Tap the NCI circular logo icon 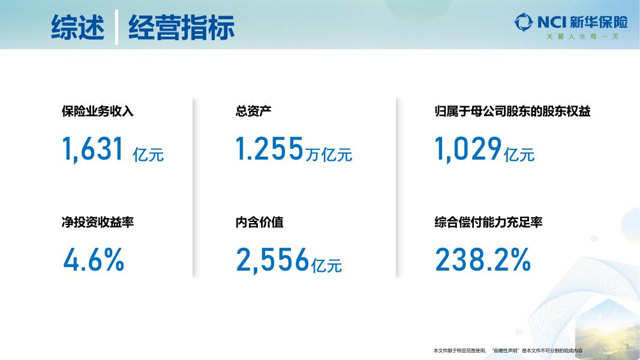[x=524, y=23]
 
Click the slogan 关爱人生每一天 [x=582, y=37]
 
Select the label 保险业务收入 [x=98, y=112]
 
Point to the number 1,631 [x=93, y=149]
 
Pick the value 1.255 [x=269, y=149]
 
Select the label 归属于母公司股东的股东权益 [x=512, y=112]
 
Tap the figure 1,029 [x=468, y=149]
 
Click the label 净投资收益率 [x=98, y=223]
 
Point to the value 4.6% [x=94, y=260]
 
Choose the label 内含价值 [x=260, y=223]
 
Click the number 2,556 [x=272, y=260]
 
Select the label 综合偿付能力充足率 [x=488, y=223]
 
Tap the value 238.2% [x=483, y=260]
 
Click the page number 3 [x=627, y=347]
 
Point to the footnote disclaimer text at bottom [x=507, y=350]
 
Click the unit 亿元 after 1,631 [x=148, y=155]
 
